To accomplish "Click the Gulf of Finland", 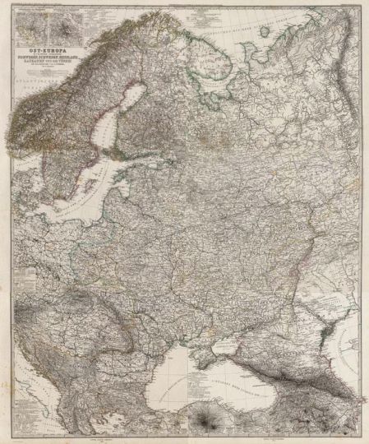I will [136, 168].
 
